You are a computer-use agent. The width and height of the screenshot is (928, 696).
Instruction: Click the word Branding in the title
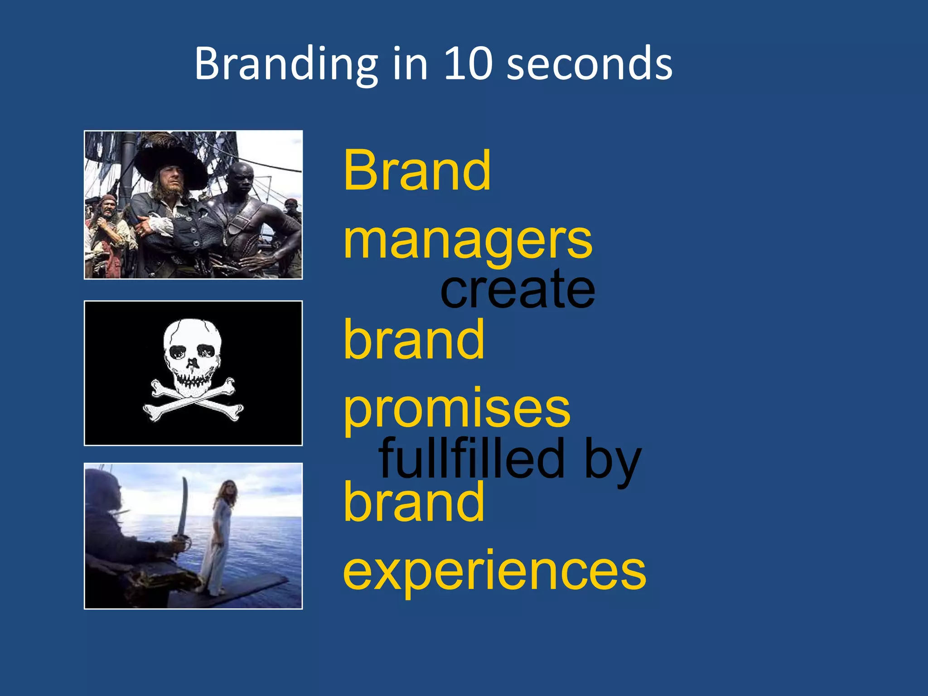[286, 64]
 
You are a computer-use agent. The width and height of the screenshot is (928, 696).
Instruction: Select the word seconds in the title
[589, 64]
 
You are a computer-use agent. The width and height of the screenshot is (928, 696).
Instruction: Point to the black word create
[517, 290]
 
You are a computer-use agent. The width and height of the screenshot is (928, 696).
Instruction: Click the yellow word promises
[457, 410]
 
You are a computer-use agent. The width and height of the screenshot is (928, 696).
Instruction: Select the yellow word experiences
[494, 572]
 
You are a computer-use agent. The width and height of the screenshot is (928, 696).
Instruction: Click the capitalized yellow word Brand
[417, 171]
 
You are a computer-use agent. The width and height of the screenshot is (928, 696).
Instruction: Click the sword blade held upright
[184, 507]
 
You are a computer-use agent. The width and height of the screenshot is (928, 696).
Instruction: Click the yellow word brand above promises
[414, 339]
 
